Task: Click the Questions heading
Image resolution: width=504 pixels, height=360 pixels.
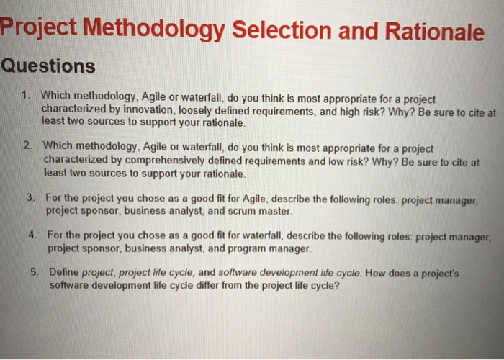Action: click(x=48, y=66)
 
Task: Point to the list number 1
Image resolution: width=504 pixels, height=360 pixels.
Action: click(x=25, y=95)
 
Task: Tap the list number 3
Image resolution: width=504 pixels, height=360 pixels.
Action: click(x=30, y=197)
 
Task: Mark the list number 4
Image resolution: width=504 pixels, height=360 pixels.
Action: click(x=32, y=235)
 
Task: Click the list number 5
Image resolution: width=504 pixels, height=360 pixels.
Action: click(x=35, y=272)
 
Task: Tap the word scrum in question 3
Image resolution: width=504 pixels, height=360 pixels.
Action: click(x=240, y=212)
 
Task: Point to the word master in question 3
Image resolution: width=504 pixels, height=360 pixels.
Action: click(x=275, y=212)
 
